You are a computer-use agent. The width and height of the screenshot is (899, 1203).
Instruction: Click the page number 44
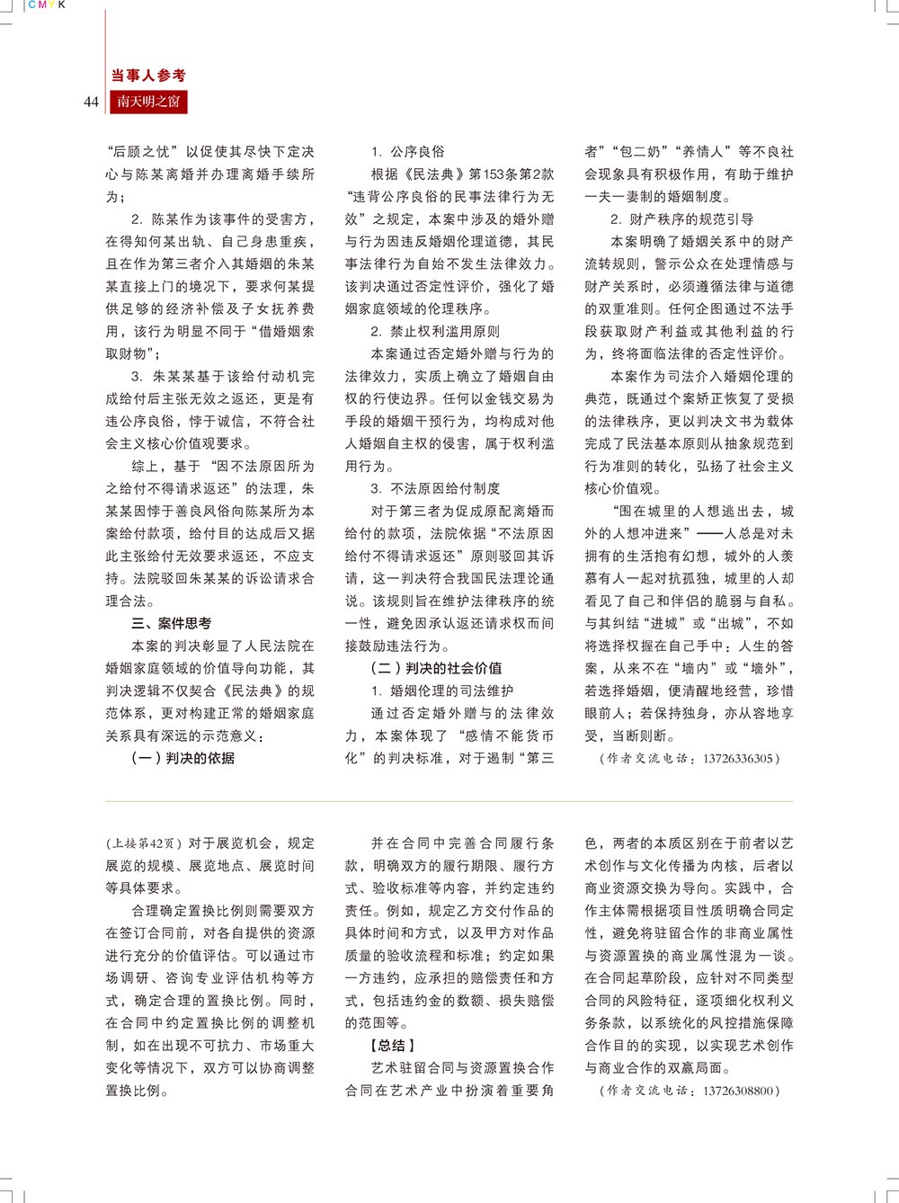(91, 102)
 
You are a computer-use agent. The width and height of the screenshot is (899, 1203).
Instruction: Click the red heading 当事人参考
(148, 76)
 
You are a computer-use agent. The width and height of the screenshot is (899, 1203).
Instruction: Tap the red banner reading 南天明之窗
(148, 102)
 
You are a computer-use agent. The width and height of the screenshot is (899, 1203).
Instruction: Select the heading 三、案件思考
(172, 623)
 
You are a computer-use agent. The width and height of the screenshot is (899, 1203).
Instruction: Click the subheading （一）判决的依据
(183, 758)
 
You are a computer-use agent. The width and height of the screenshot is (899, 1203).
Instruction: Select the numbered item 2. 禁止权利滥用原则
(435, 331)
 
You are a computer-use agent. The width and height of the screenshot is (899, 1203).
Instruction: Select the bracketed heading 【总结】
(392, 1046)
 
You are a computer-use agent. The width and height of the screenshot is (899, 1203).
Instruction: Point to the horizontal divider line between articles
(449, 801)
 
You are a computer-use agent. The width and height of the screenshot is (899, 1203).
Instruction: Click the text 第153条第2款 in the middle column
(511, 174)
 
